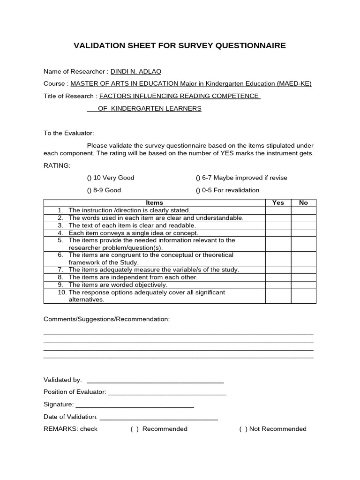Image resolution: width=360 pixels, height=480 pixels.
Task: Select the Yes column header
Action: click(x=278, y=202)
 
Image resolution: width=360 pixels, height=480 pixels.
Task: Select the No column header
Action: click(x=303, y=202)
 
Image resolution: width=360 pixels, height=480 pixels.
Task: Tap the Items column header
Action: click(x=154, y=202)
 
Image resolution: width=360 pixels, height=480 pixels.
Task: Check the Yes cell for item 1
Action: click(x=278, y=210)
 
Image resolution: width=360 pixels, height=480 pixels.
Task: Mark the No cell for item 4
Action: click(x=303, y=233)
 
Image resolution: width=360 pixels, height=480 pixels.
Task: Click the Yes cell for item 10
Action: click(x=278, y=296)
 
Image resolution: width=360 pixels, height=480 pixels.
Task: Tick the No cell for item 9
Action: click(x=303, y=285)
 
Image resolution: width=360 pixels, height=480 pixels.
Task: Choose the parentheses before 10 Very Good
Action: click(x=90, y=178)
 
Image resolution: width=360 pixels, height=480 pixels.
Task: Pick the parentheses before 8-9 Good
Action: click(x=90, y=190)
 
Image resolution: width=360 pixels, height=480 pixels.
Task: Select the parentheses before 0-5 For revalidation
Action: click(x=198, y=190)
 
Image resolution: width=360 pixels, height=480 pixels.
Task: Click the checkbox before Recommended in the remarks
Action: click(x=135, y=429)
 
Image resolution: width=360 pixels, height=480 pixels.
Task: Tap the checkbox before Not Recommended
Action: click(x=243, y=429)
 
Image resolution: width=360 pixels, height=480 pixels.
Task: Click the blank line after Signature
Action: click(x=135, y=406)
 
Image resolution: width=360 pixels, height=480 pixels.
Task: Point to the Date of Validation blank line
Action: click(x=159, y=418)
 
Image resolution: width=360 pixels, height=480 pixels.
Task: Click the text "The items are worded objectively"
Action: click(x=118, y=285)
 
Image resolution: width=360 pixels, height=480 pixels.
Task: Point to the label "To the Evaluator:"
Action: click(x=69, y=133)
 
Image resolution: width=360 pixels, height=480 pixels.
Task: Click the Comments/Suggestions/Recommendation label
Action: click(x=106, y=319)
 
